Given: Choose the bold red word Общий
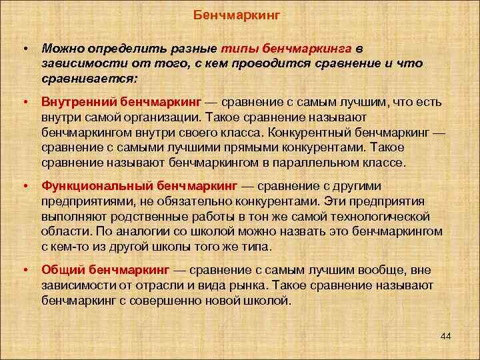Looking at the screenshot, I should pos(61,270).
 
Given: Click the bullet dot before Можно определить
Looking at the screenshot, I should pos(25,49).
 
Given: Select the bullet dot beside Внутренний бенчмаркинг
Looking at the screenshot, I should pos(25,102).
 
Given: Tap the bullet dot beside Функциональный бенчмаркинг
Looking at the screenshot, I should pos(25,186).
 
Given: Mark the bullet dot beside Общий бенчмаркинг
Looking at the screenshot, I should pos(25,270).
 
